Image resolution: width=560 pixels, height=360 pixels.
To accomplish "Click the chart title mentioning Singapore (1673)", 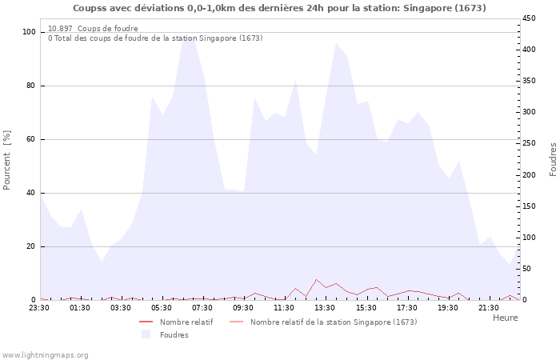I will [x=279, y=8].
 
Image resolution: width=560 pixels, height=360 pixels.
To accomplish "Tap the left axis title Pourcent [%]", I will [x=7, y=160].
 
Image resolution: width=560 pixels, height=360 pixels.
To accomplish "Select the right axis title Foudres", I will [x=552, y=160].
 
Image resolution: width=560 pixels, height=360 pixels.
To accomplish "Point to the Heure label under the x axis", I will [x=505, y=318].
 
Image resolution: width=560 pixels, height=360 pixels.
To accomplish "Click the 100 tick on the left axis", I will [x=29, y=32].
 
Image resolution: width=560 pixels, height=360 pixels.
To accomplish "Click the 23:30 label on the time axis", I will [x=39, y=307].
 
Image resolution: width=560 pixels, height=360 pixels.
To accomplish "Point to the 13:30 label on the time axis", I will [x=326, y=307].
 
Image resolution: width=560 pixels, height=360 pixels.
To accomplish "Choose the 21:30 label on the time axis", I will [x=489, y=307].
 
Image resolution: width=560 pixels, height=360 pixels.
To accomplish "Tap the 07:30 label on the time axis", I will [x=203, y=307].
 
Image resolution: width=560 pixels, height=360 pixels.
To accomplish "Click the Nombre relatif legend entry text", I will [x=186, y=322].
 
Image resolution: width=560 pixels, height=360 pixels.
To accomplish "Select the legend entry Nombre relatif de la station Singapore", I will [x=333, y=322].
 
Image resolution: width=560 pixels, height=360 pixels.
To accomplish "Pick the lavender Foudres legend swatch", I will [x=146, y=334].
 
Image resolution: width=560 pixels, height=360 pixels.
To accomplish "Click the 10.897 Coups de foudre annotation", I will [x=93, y=29].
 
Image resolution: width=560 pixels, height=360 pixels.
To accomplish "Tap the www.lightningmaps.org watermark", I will [x=46, y=355].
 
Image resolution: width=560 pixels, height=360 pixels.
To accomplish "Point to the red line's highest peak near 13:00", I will [x=317, y=279].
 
